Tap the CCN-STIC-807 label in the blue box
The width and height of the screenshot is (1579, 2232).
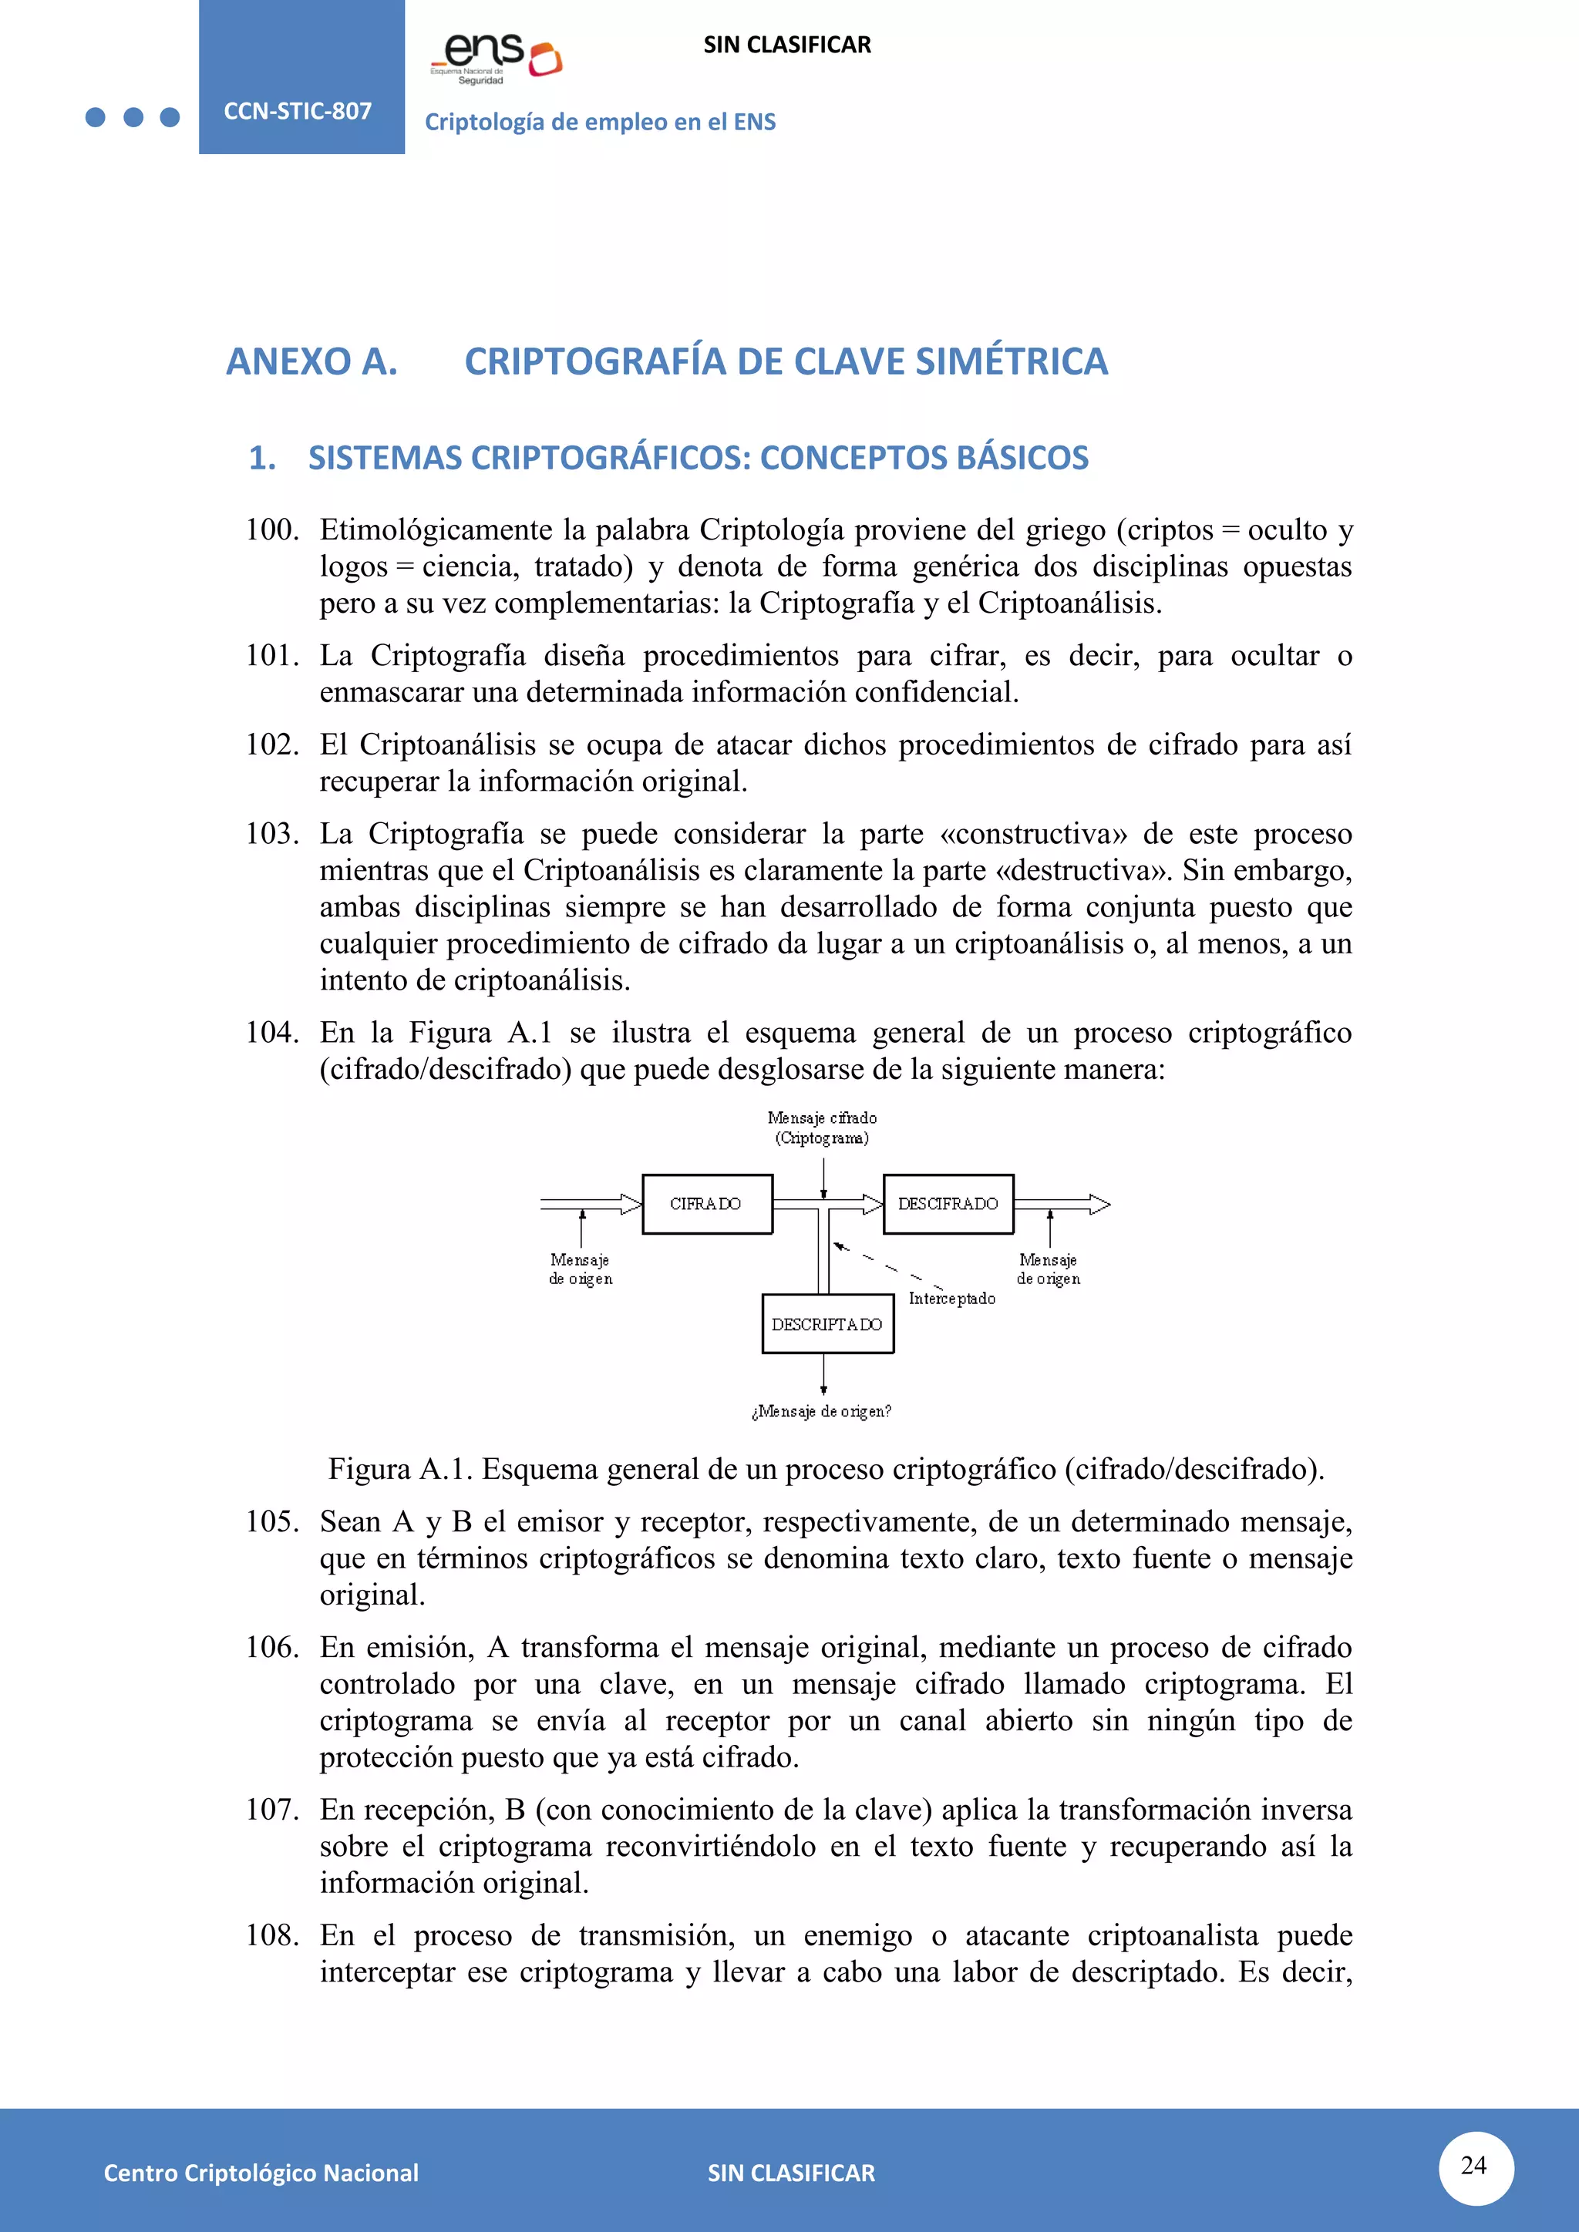pyautogui.click(x=298, y=111)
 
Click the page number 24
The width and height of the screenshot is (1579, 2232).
pyautogui.click(x=1474, y=2165)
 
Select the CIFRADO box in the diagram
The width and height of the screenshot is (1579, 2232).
pyautogui.click(x=707, y=1204)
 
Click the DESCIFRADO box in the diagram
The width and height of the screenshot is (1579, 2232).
pyautogui.click(x=948, y=1204)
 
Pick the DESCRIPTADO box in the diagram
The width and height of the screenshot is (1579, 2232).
pyautogui.click(x=827, y=1324)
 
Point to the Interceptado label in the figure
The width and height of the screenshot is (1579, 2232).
pyautogui.click(x=952, y=1299)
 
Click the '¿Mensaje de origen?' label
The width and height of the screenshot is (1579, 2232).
pyautogui.click(x=822, y=1410)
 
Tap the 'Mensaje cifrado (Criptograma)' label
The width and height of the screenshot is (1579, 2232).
pyautogui.click(x=823, y=1128)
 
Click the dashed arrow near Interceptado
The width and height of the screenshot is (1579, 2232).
pyautogui.click(x=885, y=1267)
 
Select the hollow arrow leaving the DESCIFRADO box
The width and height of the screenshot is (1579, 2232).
pyautogui.click(x=1062, y=1205)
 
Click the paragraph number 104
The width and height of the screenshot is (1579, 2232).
pyautogui.click(x=271, y=1033)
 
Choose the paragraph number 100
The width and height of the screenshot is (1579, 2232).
pyautogui.click(x=271, y=529)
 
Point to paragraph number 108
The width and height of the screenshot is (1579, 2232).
pyautogui.click(x=271, y=1935)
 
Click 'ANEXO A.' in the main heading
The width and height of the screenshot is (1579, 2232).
pyautogui.click(x=312, y=361)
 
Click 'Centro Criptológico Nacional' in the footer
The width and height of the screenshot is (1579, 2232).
pyautogui.click(x=261, y=2173)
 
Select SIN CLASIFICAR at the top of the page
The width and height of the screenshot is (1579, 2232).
pyautogui.click(x=786, y=45)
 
